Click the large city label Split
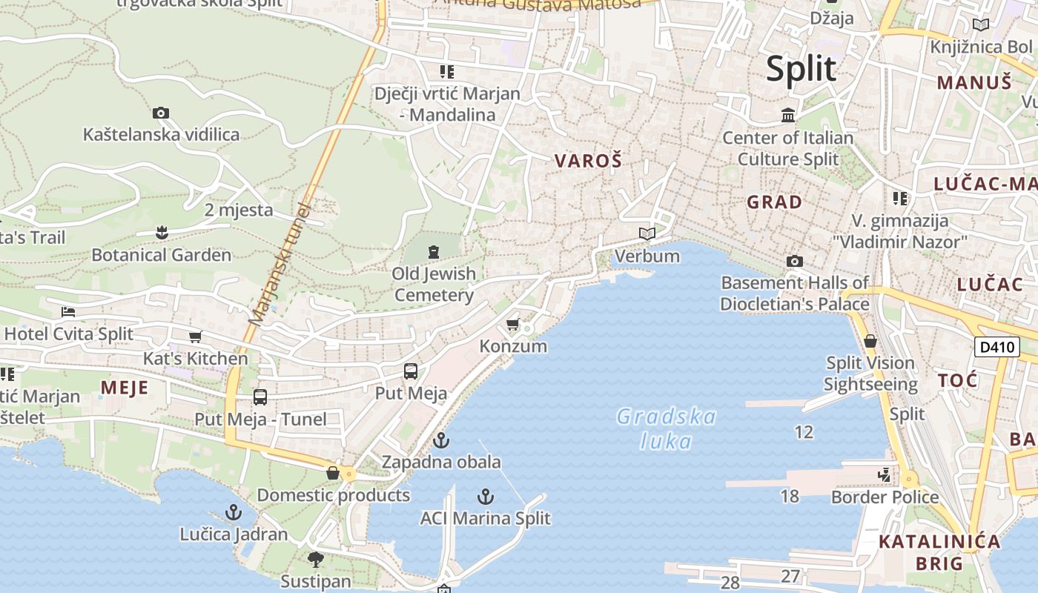(x=801, y=69)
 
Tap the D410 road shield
(x=997, y=347)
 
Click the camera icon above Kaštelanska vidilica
(x=161, y=113)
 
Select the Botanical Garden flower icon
(x=162, y=233)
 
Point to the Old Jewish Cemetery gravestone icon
(x=434, y=252)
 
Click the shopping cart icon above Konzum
(x=512, y=325)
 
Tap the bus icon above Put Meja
(x=411, y=371)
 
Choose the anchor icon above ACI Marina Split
(x=486, y=497)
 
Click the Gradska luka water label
(x=667, y=428)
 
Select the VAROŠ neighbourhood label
(x=588, y=161)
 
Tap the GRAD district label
(x=775, y=202)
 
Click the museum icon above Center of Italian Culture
(x=788, y=116)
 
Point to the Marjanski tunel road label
(x=278, y=264)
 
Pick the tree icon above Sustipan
(x=316, y=559)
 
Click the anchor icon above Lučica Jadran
(x=234, y=512)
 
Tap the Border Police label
(x=885, y=497)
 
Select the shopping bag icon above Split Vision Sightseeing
(x=870, y=342)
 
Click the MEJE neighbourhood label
(x=125, y=388)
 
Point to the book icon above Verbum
(x=647, y=234)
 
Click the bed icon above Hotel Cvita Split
(x=68, y=312)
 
